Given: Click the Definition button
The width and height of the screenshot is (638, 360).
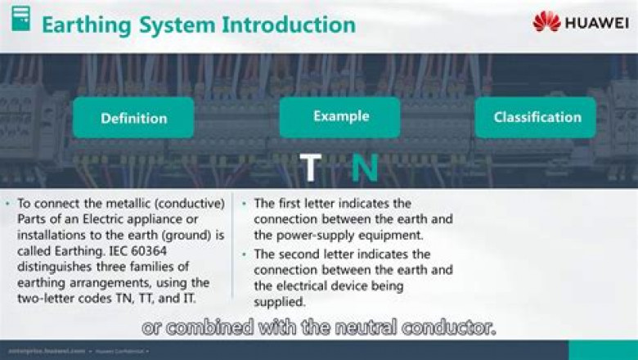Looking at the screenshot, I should (133, 118).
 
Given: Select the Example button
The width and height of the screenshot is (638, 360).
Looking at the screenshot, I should (340, 117).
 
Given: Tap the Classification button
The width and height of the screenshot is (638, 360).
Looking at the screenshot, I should (537, 117).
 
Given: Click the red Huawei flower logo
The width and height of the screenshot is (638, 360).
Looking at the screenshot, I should (546, 21).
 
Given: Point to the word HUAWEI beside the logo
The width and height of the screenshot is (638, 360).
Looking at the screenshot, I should (597, 22).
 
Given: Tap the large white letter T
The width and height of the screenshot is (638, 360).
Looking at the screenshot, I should (310, 168).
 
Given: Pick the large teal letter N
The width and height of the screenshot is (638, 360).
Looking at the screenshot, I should (365, 168).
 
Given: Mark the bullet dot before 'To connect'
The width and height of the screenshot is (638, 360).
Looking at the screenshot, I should (7, 203).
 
